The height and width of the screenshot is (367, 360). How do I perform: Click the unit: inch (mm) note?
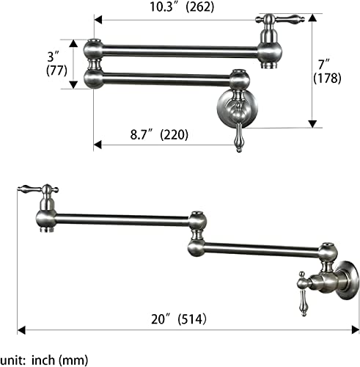coord(44,360)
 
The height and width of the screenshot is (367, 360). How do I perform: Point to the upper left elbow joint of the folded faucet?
coord(94,50)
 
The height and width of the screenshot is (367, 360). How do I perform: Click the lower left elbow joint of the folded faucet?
coord(94,77)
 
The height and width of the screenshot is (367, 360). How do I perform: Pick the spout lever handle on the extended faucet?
coord(34,189)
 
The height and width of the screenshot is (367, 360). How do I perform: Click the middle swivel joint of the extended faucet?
coord(196,233)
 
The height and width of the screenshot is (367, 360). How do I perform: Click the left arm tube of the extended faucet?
coord(121,217)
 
